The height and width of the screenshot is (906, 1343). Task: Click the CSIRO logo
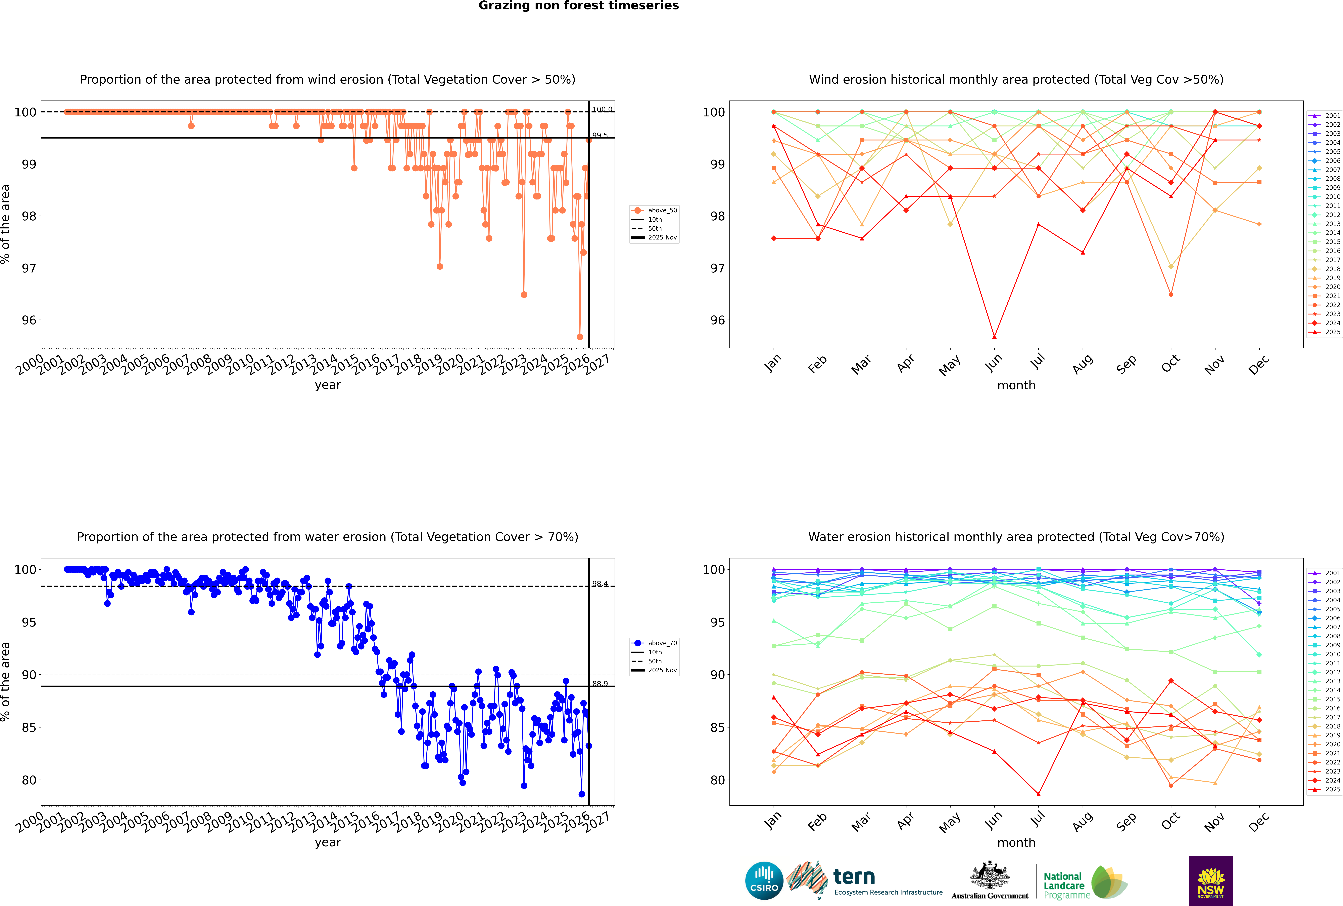point(764,881)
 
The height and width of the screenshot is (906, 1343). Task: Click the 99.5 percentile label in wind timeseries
point(600,135)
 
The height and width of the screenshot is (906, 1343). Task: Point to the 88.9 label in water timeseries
point(600,684)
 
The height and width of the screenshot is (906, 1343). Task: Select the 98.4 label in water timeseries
point(600,584)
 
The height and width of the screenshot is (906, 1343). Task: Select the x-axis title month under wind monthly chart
point(1016,385)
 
